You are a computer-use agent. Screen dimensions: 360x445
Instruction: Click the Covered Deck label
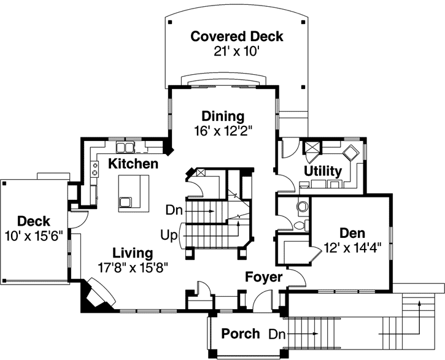point(236,36)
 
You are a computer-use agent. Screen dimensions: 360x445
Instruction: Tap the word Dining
point(223,116)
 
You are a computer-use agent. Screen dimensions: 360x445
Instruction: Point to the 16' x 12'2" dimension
point(223,130)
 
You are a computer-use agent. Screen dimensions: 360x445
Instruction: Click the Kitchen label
point(133,164)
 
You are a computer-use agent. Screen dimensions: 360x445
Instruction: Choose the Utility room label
point(323,171)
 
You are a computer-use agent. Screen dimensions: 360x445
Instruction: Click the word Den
point(352,233)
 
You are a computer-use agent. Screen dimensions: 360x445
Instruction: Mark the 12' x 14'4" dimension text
point(353,248)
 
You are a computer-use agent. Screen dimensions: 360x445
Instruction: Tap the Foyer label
point(263,277)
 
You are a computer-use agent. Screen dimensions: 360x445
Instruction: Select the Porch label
point(240,334)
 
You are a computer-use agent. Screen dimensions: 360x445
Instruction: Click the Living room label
point(132,253)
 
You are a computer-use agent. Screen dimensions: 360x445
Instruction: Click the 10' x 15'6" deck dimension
point(34,236)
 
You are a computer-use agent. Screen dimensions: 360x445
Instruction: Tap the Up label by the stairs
point(169,235)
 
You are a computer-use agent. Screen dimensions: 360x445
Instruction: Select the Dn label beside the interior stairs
point(174,210)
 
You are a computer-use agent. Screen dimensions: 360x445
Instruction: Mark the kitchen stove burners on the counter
point(95,169)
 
